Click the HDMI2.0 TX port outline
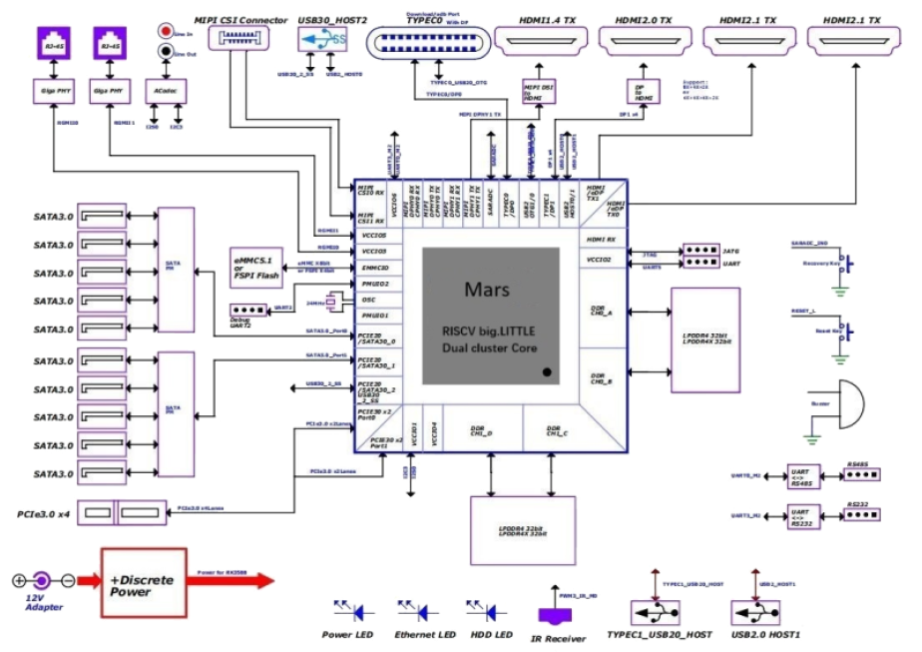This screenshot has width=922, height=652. click(643, 40)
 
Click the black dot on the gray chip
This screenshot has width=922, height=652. click(546, 372)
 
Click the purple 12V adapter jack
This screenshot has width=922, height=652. click(41, 579)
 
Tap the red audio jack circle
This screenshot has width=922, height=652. click(165, 32)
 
